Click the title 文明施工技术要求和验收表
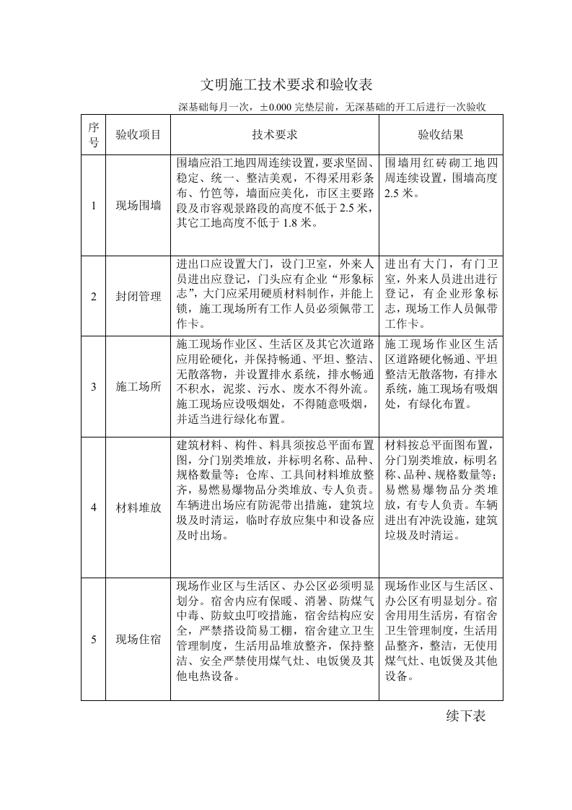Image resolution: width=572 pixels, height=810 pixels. (x=286, y=84)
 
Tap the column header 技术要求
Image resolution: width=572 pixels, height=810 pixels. (x=275, y=134)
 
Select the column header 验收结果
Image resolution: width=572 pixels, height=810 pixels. (x=441, y=134)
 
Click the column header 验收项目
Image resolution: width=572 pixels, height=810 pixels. (x=138, y=134)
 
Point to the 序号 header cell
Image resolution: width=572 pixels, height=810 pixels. (x=93, y=134)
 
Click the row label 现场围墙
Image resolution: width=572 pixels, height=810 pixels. (x=138, y=206)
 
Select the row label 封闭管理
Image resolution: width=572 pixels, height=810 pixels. (x=138, y=296)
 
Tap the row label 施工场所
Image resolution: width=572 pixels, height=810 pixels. (x=138, y=386)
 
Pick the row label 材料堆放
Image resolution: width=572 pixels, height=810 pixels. (x=138, y=507)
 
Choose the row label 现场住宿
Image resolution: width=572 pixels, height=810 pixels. (x=138, y=639)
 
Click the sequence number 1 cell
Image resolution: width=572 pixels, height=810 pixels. (x=93, y=206)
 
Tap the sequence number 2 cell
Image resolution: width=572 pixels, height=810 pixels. (x=93, y=296)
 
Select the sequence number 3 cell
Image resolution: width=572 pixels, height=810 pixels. (x=93, y=386)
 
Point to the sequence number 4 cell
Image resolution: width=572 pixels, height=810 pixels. (x=93, y=507)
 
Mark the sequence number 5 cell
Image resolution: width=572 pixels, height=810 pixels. (x=93, y=639)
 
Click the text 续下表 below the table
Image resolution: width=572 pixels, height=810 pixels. (x=466, y=715)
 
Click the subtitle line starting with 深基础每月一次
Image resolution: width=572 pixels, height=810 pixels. (x=331, y=107)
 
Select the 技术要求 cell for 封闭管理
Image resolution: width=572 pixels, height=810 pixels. (x=275, y=296)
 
